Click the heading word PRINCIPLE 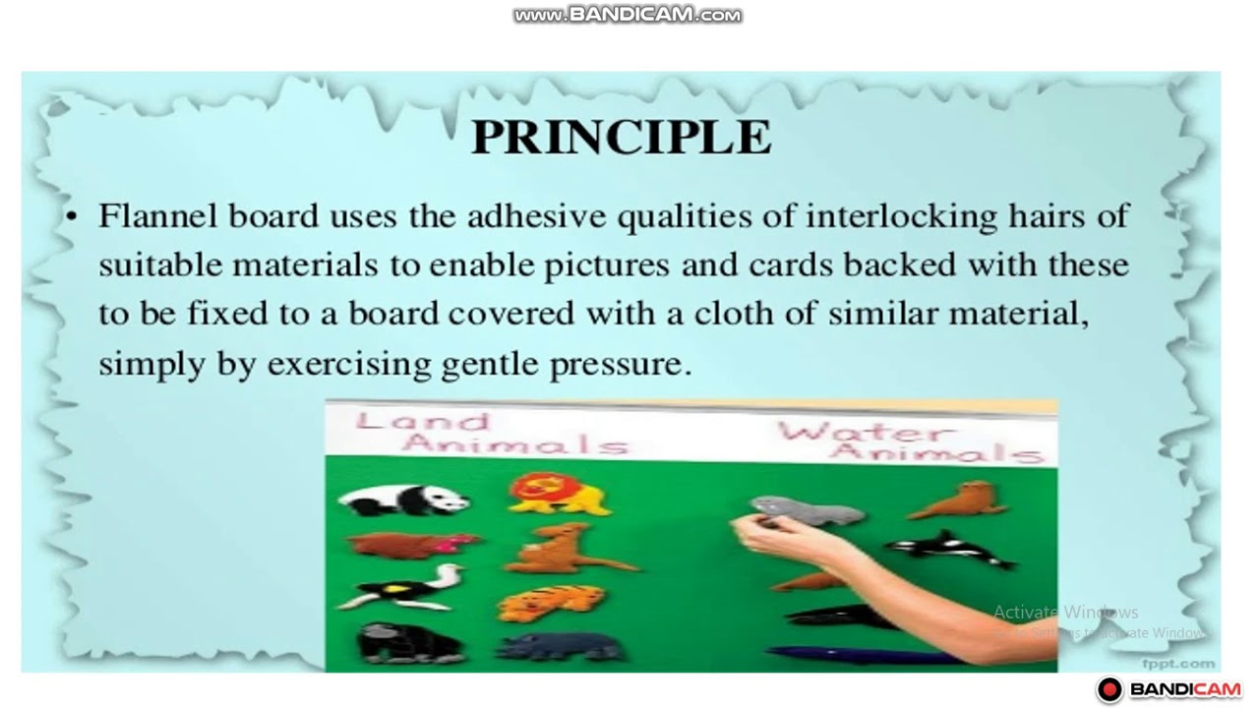click(621, 137)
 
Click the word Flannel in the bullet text click(158, 215)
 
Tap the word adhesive click(537, 215)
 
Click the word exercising click(349, 365)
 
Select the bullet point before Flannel click(71, 216)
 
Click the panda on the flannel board click(403, 500)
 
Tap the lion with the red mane click(557, 494)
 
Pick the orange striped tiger click(552, 603)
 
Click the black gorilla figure click(409, 644)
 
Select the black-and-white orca click(950, 549)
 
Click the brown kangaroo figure click(569, 549)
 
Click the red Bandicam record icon click(1109, 689)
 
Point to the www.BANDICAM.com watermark click(628, 15)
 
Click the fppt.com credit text click(1178, 664)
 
